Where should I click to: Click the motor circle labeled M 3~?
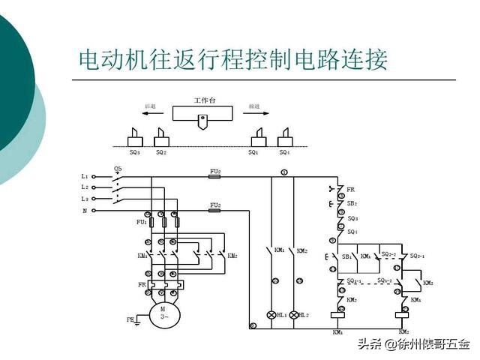point(160,311)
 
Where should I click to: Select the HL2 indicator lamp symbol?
point(294,315)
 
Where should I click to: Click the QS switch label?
point(118,169)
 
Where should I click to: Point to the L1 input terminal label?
point(85,176)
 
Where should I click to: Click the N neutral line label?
point(84,211)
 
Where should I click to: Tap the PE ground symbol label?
point(130,319)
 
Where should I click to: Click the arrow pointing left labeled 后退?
point(150,114)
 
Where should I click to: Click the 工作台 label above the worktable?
point(204,100)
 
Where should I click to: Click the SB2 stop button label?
point(352,203)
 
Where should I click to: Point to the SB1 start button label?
point(346,256)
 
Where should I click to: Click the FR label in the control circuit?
point(351,189)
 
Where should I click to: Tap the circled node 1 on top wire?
point(284,172)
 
